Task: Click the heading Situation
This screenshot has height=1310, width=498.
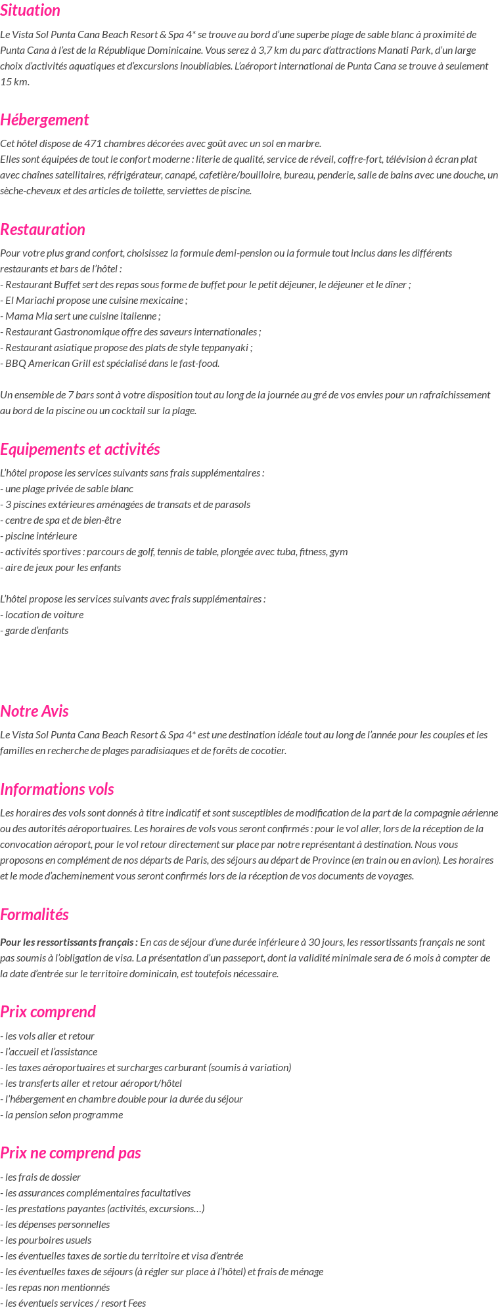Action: click(x=30, y=11)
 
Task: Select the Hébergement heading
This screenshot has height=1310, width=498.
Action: click(x=44, y=120)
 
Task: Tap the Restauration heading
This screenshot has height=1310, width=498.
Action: click(x=43, y=230)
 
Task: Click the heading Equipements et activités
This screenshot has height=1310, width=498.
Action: click(x=80, y=450)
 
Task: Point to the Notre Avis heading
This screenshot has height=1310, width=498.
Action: click(x=34, y=711)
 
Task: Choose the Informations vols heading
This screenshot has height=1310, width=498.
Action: click(x=57, y=790)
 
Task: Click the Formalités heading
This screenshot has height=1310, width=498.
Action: click(x=34, y=915)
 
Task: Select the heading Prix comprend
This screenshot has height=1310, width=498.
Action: click(x=48, y=1012)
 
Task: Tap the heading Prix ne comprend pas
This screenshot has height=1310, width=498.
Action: click(x=70, y=1153)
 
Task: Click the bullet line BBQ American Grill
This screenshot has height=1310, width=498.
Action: click(x=110, y=364)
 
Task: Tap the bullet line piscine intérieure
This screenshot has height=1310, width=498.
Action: click(x=39, y=536)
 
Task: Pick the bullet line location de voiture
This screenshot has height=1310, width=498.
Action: click(x=42, y=615)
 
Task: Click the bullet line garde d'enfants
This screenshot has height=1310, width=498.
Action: click(x=34, y=631)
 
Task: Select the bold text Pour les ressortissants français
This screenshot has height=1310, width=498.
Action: click(x=69, y=942)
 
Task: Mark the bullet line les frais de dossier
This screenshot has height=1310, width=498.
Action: click(x=41, y=1177)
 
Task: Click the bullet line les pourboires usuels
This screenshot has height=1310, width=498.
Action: click(x=46, y=1240)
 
